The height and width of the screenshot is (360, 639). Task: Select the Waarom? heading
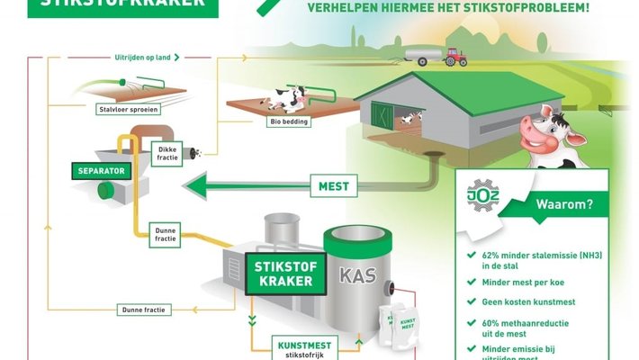coord(565,203)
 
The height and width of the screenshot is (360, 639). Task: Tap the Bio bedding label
coord(288,121)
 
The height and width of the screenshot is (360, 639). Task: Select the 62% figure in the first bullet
coord(491,255)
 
